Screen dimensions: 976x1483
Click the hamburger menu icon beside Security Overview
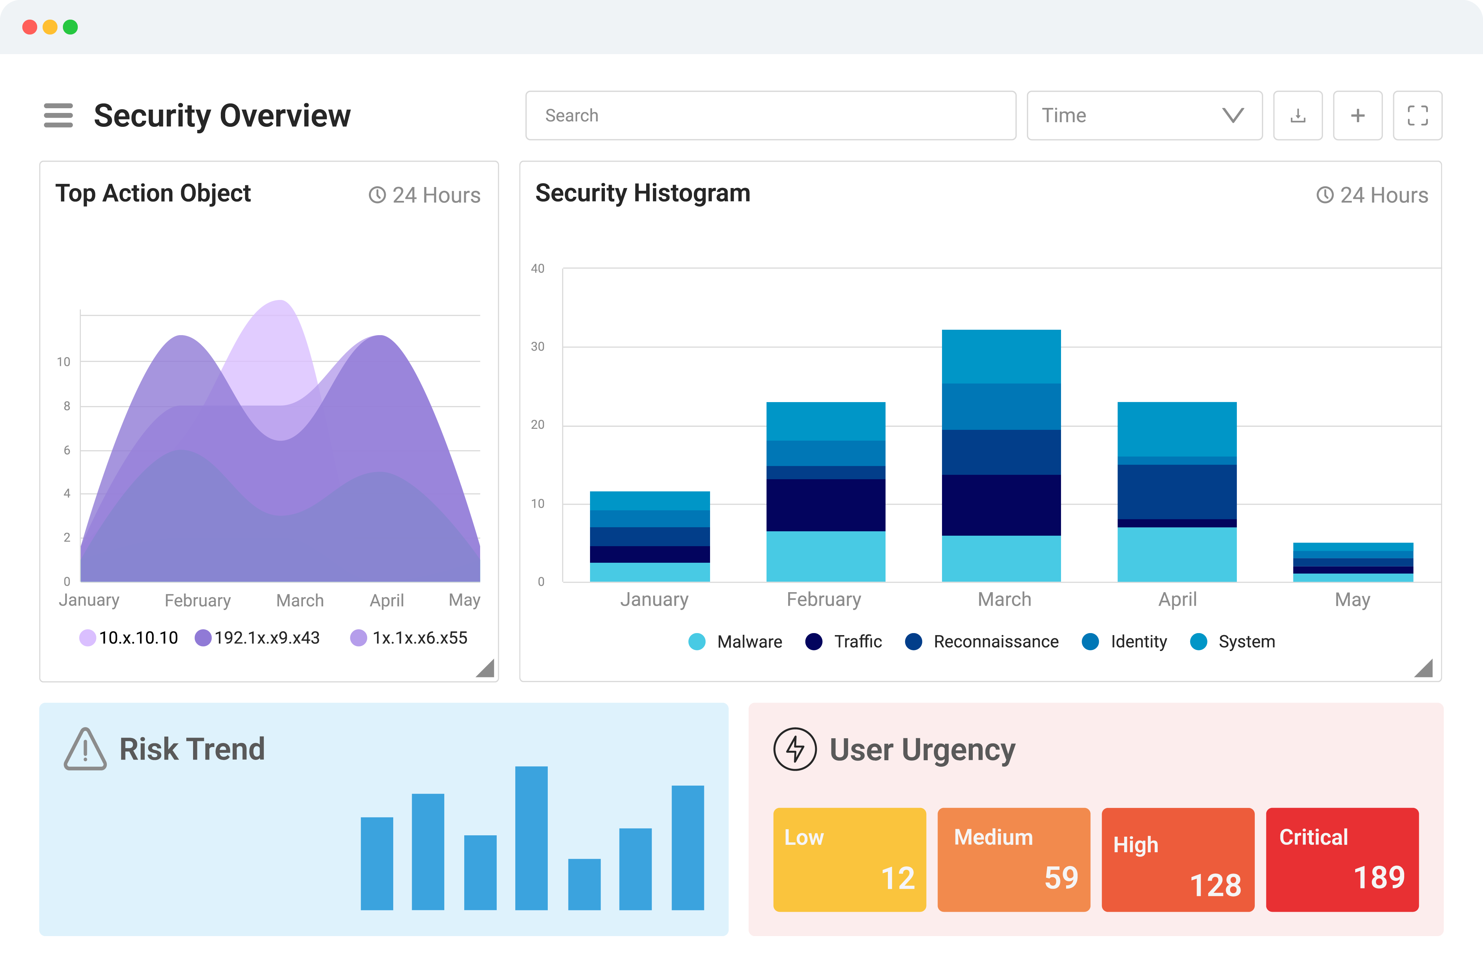pyautogui.click(x=58, y=115)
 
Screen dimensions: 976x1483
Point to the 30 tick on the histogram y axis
pyautogui.click(x=537, y=347)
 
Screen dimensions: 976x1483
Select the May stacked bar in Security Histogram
pyautogui.click(x=1353, y=562)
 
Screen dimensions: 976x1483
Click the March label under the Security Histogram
pyautogui.click(x=1004, y=600)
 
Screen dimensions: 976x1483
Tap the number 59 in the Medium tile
pyautogui.click(x=1061, y=878)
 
